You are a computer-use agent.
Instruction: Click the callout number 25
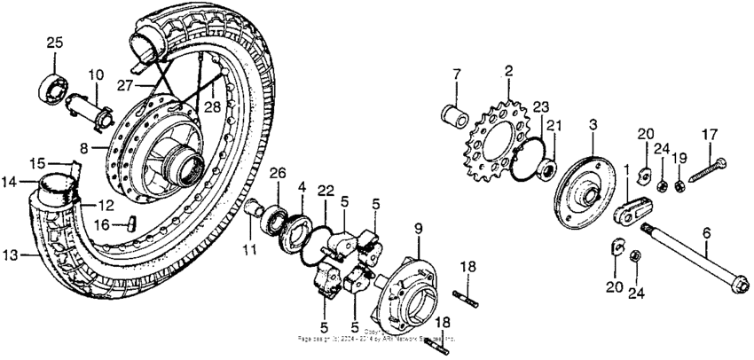54,43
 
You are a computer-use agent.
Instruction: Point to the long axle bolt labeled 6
700,267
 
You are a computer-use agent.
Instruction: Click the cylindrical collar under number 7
453,116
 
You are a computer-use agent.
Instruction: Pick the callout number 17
710,135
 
